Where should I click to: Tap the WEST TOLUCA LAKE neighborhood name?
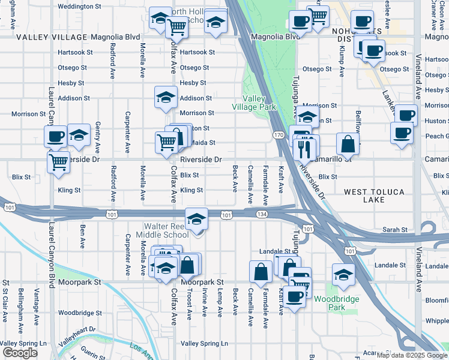[x=374, y=196]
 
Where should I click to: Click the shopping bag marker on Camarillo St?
[x=348, y=144]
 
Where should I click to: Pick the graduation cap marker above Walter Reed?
[x=196, y=219]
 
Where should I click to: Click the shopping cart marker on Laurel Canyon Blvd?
[x=58, y=162]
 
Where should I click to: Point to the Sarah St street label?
[x=396, y=230]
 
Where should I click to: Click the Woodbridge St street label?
[x=80, y=313]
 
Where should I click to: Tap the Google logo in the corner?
[x=20, y=353]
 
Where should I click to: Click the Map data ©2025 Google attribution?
[x=412, y=355]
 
